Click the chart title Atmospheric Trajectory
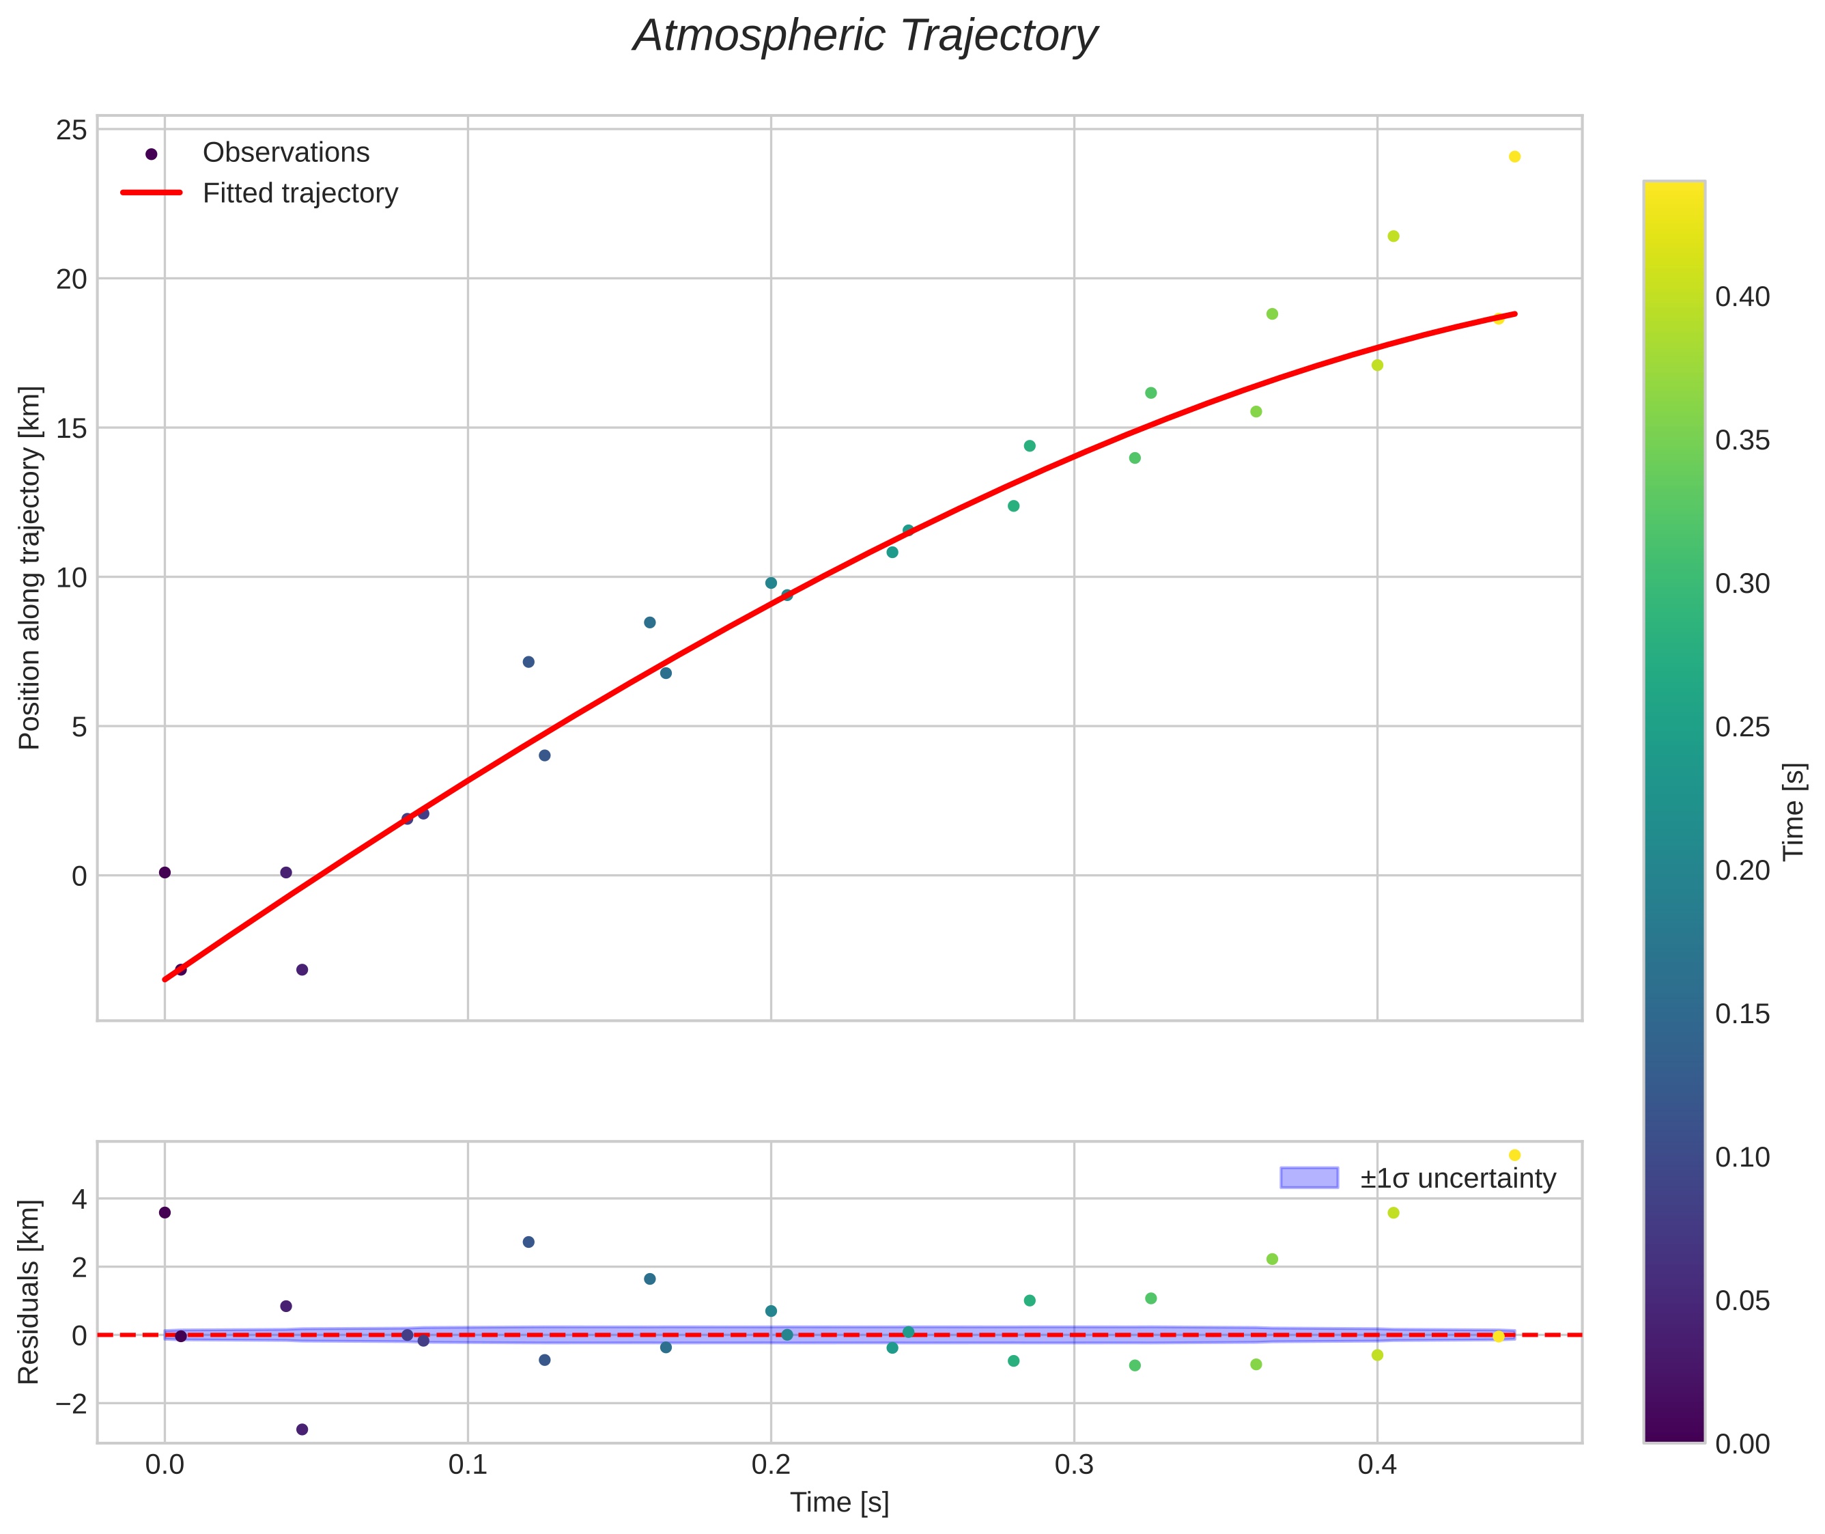coord(865,36)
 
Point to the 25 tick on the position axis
coord(72,130)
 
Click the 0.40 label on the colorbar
coord(1742,297)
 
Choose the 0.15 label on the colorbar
coord(1742,1014)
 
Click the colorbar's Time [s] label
coord(1794,811)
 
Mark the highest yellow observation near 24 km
coord(1514,156)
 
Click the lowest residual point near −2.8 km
coord(302,1430)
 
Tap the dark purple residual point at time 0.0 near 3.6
coord(165,1213)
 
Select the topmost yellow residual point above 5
coord(1514,1156)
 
